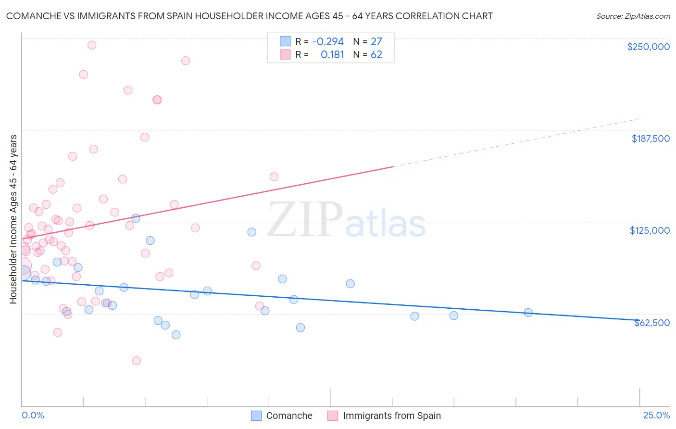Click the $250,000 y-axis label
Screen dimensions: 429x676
click(x=648, y=47)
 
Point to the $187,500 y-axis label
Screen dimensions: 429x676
click(x=650, y=139)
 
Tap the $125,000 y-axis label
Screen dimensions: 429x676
click(x=650, y=230)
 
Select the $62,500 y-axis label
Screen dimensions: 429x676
click(x=651, y=323)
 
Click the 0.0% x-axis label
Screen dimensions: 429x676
click(x=33, y=415)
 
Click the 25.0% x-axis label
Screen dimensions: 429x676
click(x=656, y=415)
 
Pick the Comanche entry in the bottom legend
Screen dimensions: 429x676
click(x=289, y=416)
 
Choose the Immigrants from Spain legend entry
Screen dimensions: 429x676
click(x=391, y=416)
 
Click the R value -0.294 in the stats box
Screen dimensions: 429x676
click(x=328, y=41)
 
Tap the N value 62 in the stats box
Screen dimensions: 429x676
click(x=376, y=54)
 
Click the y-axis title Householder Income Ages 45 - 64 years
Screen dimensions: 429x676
click(x=13, y=219)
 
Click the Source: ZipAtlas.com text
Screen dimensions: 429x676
click(x=633, y=16)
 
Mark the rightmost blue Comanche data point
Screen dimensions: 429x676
click(x=528, y=313)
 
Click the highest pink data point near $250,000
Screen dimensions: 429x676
click(x=92, y=45)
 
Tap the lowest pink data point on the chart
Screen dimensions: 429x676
click(x=136, y=361)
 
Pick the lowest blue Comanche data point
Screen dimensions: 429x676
click(x=176, y=335)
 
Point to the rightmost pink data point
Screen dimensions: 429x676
click(x=274, y=177)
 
